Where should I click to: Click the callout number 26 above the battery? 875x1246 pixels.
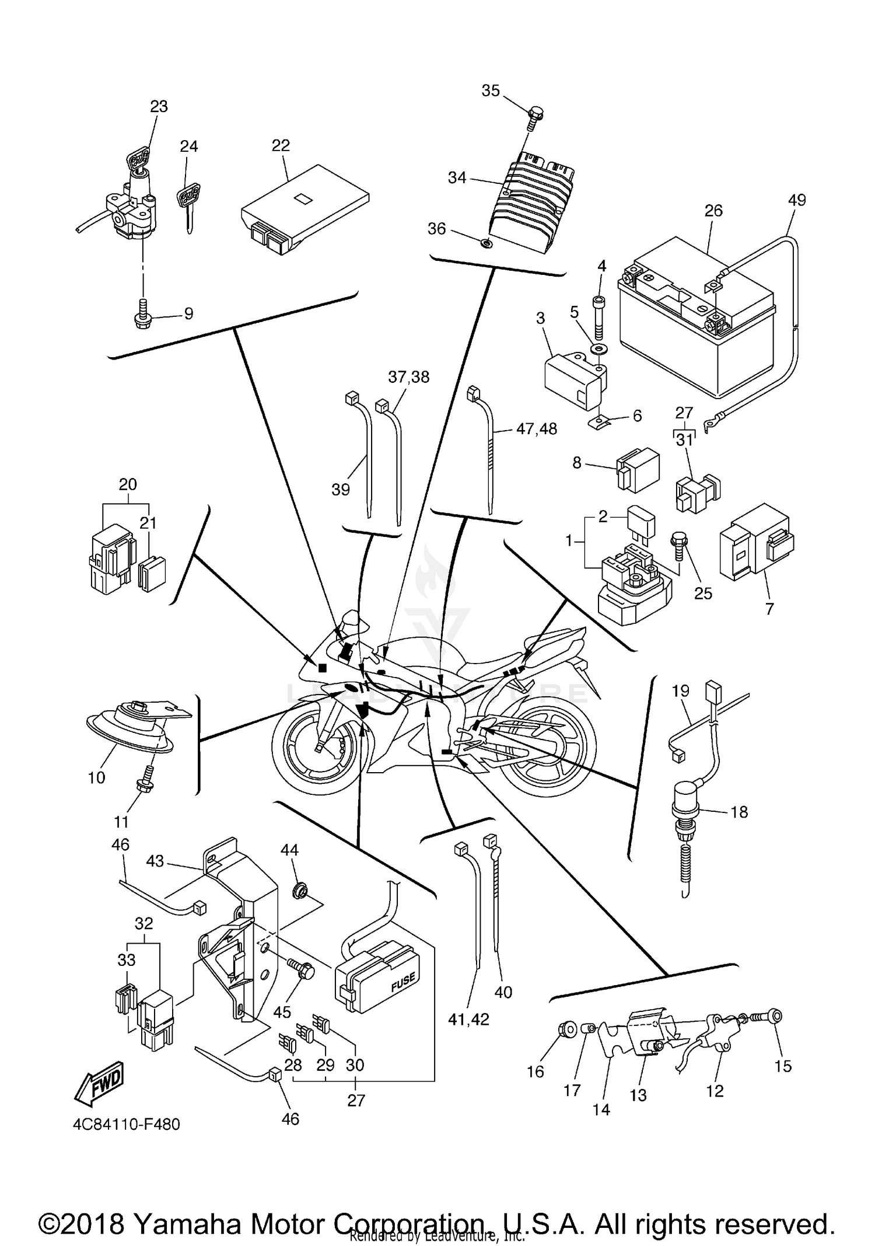click(713, 211)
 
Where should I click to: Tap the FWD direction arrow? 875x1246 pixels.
click(99, 1080)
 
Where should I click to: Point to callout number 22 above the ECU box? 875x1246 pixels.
click(281, 145)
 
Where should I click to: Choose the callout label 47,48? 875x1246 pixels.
click(536, 429)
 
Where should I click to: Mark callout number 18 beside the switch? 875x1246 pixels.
click(738, 812)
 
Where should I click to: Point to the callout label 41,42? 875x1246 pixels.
click(469, 1019)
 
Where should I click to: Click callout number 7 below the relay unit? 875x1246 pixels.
click(769, 609)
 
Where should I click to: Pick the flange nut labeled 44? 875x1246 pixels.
click(302, 891)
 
